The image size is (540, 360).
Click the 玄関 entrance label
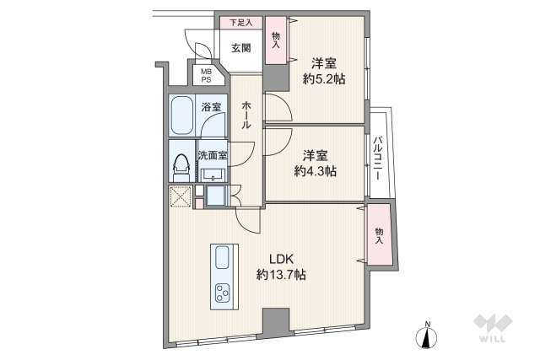tap(240, 49)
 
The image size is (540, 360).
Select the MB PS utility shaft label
tap(206, 77)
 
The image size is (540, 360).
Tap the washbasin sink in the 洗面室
tap(211, 175)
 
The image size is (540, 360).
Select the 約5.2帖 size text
tap(323, 79)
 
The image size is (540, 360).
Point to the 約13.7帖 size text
tap(281, 275)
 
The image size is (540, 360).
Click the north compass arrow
tap(429, 336)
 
